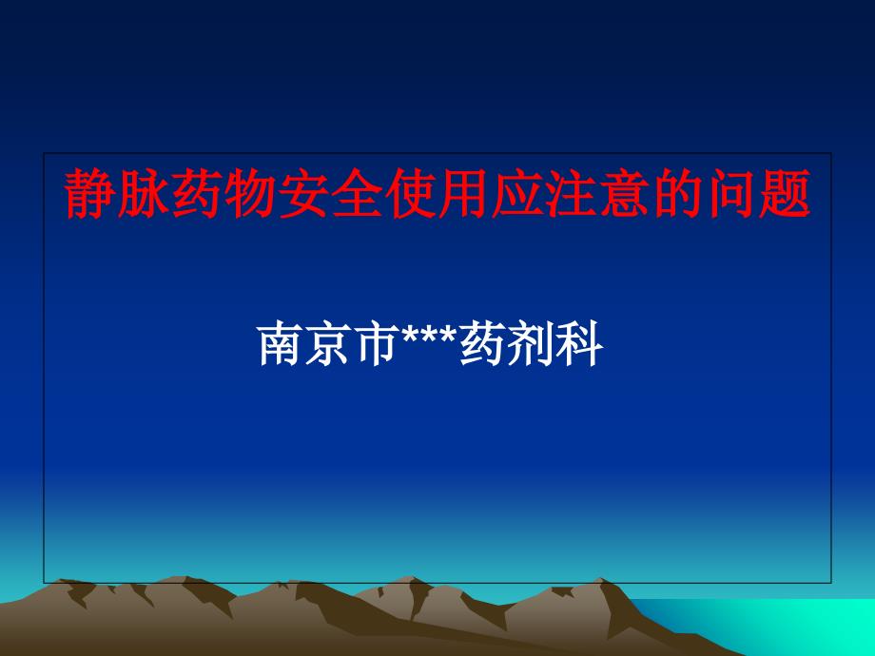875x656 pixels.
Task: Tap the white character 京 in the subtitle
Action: click(x=323, y=346)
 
